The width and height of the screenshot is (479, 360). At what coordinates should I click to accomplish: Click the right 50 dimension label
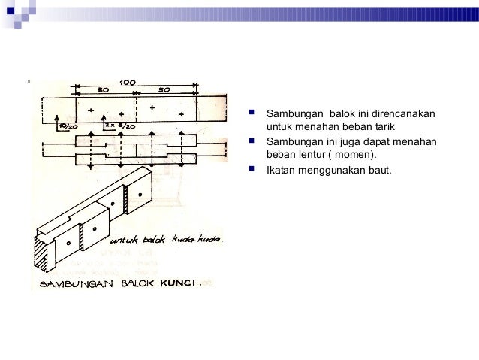coord(164,90)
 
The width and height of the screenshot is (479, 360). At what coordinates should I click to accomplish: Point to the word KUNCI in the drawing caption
coord(191,284)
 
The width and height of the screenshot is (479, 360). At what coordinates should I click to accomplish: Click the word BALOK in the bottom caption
coord(143,284)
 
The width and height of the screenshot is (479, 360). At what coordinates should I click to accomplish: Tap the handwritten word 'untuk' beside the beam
coord(124,243)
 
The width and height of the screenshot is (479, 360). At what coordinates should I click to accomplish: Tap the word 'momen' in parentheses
coord(351,156)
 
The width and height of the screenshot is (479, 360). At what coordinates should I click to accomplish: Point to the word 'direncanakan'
coord(403,115)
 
